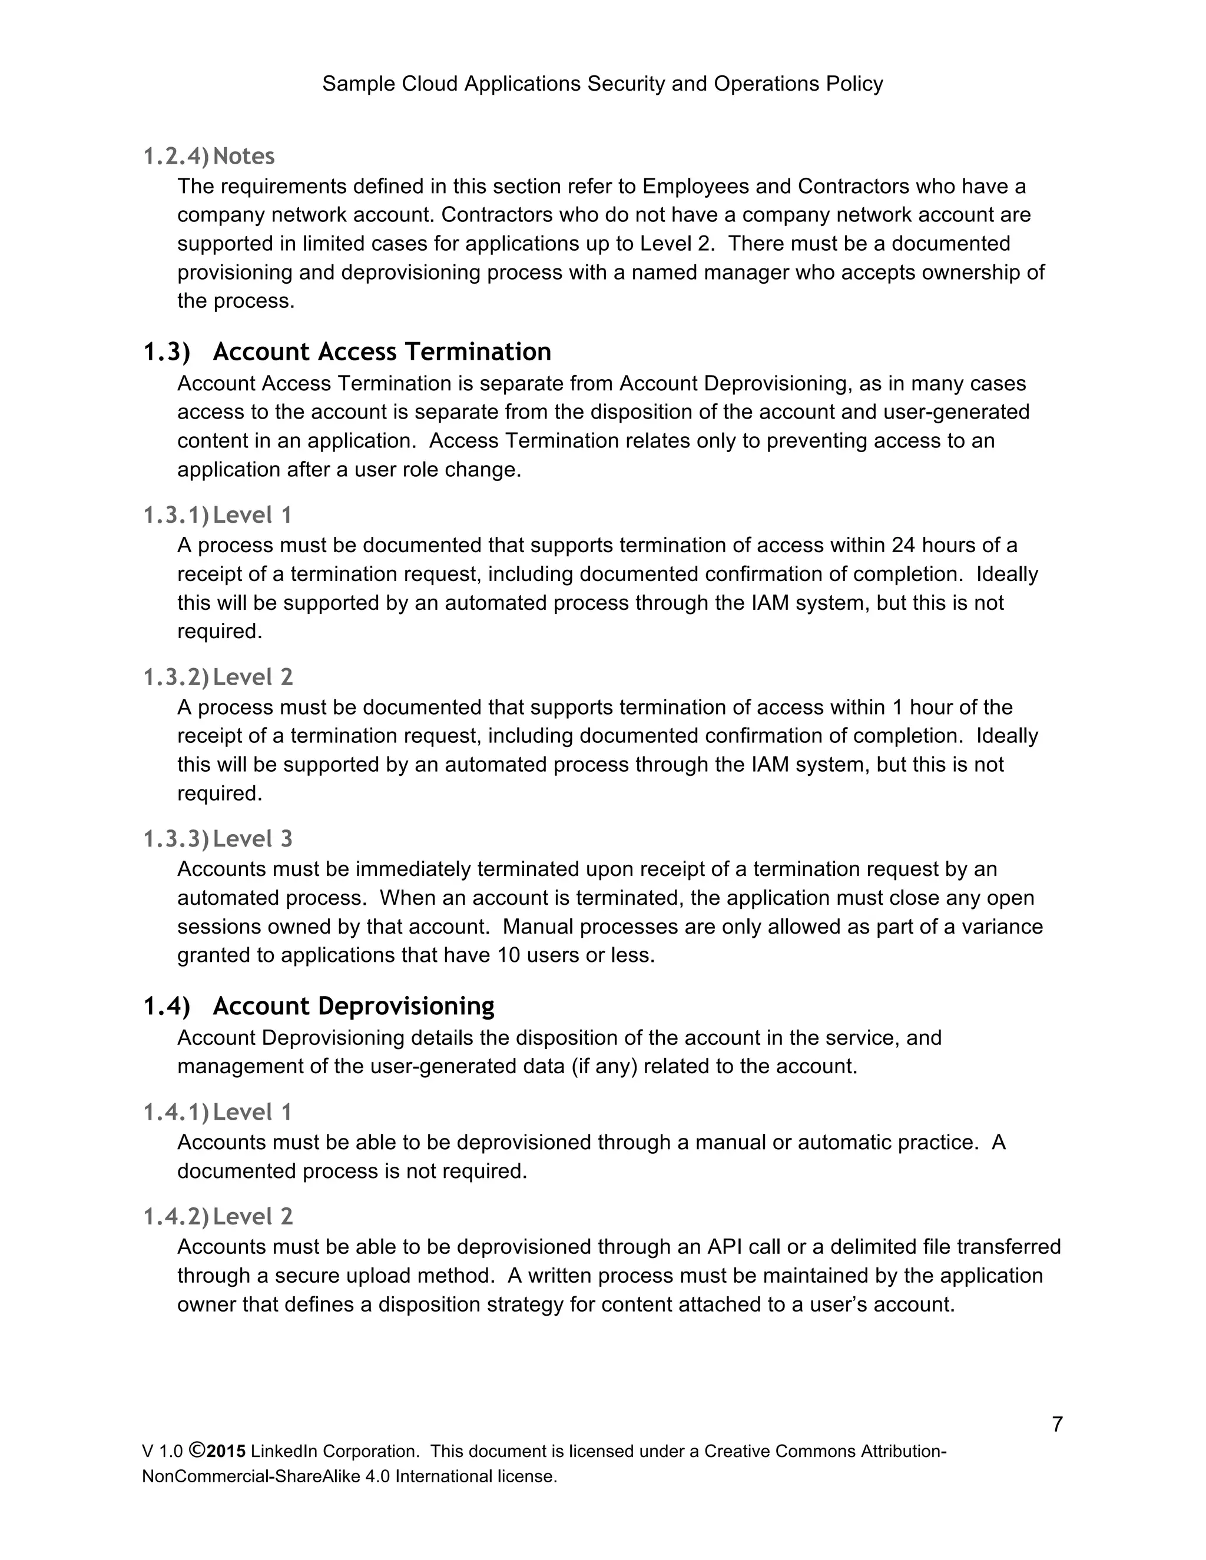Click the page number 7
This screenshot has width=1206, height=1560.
click(x=1056, y=1424)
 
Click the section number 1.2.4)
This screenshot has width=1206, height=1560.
click(x=175, y=156)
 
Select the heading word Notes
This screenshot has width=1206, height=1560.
click(x=244, y=156)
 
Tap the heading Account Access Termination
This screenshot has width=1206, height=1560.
click(x=382, y=351)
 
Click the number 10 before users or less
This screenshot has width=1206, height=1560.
click(x=509, y=955)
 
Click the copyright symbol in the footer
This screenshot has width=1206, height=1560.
click(x=197, y=1451)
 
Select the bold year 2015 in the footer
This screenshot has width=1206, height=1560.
click(x=227, y=1452)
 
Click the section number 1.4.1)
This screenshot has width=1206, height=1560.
click(x=175, y=1112)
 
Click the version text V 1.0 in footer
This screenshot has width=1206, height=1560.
click(x=162, y=1452)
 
